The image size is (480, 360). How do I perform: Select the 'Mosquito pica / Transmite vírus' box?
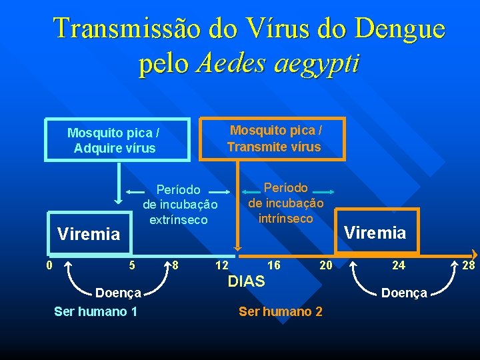pyautogui.click(x=273, y=139)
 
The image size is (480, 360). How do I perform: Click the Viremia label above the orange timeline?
pyautogui.click(x=374, y=233)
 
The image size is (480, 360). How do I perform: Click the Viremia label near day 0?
pyautogui.click(x=89, y=234)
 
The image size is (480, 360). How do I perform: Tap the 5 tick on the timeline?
pyautogui.click(x=132, y=265)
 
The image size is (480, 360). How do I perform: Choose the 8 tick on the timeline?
pyautogui.click(x=174, y=265)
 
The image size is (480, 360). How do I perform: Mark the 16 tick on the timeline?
pyautogui.click(x=273, y=265)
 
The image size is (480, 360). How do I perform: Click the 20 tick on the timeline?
pyautogui.click(x=325, y=265)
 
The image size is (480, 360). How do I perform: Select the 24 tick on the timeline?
pyautogui.click(x=398, y=265)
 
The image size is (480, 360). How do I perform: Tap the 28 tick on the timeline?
pyautogui.click(x=469, y=265)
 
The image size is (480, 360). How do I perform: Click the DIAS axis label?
pyautogui.click(x=246, y=281)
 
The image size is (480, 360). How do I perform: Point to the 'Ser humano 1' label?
pyautogui.click(x=96, y=311)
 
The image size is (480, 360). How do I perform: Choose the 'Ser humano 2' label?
pyautogui.click(x=281, y=311)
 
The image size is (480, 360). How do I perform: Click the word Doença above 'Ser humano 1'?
pyautogui.click(x=119, y=292)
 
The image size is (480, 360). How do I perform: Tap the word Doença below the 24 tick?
pyautogui.click(x=403, y=293)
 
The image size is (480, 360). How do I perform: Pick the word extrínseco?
pyautogui.click(x=179, y=219)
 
